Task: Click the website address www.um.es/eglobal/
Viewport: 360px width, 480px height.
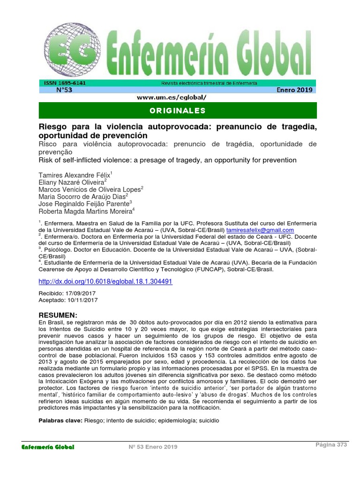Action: (x=172, y=97)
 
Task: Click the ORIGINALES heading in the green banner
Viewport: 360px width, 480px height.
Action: (x=178, y=111)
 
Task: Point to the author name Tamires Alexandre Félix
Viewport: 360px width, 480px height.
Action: (x=74, y=175)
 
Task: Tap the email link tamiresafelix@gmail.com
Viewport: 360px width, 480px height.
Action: (x=260, y=230)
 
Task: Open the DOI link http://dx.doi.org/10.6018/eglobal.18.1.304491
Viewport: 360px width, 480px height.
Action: (x=105, y=282)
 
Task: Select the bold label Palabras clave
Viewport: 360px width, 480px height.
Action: (x=60, y=421)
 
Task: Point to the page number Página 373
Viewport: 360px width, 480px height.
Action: (x=331, y=445)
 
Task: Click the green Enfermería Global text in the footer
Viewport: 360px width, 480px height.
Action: (x=48, y=447)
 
